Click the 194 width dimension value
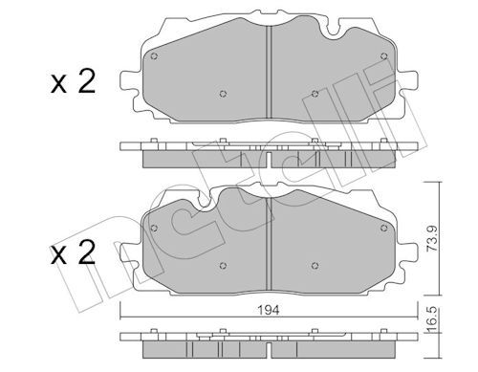click(x=270, y=310)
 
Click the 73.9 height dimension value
click(x=432, y=239)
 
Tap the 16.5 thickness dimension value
click(x=432, y=320)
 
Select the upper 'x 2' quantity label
click(x=73, y=81)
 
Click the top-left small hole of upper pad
click(x=154, y=56)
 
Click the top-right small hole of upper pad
click(x=384, y=56)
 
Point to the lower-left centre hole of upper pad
click(x=223, y=94)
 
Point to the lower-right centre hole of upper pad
click(x=315, y=94)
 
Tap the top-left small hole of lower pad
click(x=154, y=228)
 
